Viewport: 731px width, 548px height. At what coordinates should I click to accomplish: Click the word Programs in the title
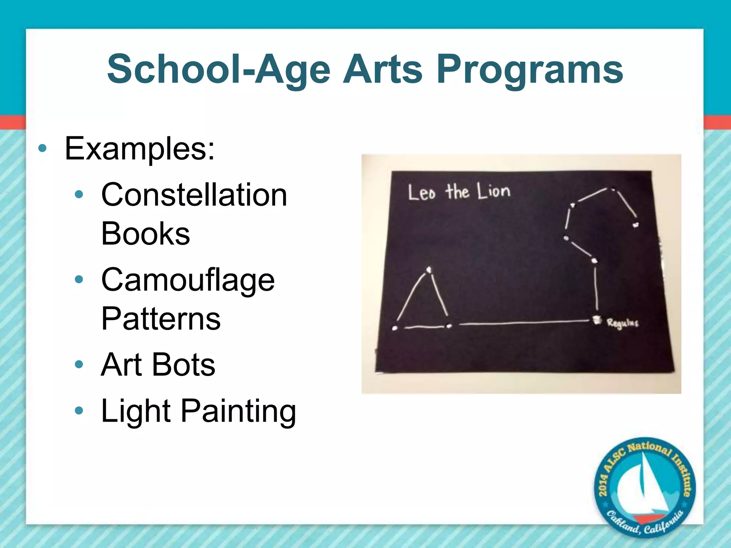(530, 70)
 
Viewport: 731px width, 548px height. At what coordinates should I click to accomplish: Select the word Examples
(140, 149)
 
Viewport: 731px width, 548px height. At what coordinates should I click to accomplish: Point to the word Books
(145, 234)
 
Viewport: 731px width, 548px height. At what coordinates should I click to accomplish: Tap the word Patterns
(161, 319)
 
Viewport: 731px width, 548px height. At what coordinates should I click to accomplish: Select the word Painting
(238, 412)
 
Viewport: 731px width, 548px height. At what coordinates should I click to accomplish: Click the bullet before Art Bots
(79, 365)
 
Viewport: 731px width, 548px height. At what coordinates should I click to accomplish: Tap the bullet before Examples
(42, 148)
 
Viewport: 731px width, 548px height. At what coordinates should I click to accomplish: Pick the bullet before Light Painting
(79, 411)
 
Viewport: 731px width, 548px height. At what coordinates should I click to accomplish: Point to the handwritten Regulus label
(622, 323)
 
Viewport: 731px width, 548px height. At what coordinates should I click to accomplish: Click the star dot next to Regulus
(596, 319)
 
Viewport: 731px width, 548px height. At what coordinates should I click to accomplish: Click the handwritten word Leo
(422, 193)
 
